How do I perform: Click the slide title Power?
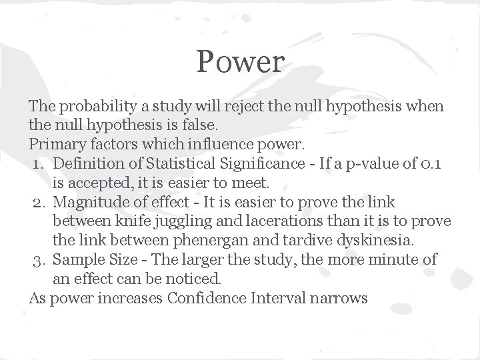[241, 63]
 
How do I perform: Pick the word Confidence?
[206, 298]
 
